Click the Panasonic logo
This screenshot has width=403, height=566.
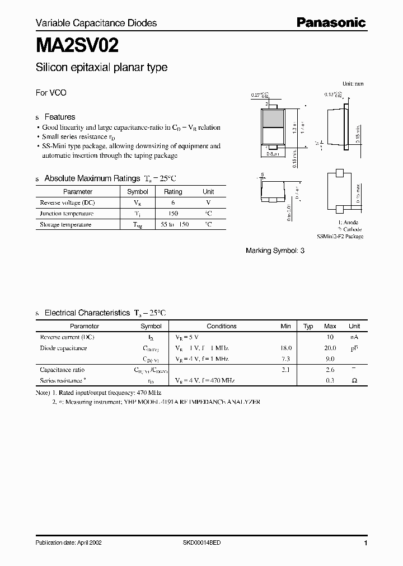point(331,23)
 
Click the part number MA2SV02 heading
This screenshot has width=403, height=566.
point(77,44)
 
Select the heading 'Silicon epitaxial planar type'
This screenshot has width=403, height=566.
point(101,68)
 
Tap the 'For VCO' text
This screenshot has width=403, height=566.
point(51,93)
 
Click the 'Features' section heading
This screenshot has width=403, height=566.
point(59,117)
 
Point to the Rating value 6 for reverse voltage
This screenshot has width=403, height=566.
point(173,202)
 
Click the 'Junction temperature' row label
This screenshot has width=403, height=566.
point(67,214)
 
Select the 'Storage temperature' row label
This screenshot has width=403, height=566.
point(65,225)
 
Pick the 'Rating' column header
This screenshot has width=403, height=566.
point(173,191)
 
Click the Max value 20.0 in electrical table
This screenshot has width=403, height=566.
point(330,348)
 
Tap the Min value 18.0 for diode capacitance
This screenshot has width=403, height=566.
point(285,348)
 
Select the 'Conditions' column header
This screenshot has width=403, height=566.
point(222,326)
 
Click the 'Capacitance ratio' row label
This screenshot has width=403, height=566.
point(62,370)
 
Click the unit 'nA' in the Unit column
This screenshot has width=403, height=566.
point(354,337)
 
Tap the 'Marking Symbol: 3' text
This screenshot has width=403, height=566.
point(275,251)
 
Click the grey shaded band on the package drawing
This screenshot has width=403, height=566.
point(273,119)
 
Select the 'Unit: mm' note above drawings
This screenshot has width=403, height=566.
point(353,84)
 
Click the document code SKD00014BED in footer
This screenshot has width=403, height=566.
point(201,543)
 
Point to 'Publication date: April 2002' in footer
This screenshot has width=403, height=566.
point(69,543)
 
